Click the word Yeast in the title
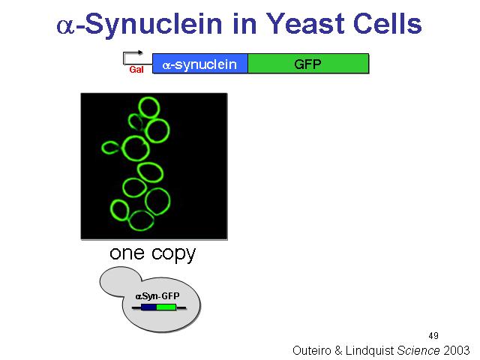[x=307, y=24]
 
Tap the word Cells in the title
[x=388, y=24]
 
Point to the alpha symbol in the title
[x=66, y=25]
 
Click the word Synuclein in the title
[x=153, y=25]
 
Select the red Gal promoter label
[x=136, y=70]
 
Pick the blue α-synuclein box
[x=200, y=64]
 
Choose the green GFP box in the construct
[x=308, y=64]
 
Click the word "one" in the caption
[x=127, y=253]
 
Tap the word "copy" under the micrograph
[x=173, y=255]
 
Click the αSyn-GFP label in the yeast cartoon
[x=157, y=296]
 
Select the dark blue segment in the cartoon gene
[x=148, y=307]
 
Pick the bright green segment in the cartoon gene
[x=166, y=307]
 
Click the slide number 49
[x=433, y=336]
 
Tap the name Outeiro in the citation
[x=312, y=350]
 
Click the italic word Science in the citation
[x=418, y=350]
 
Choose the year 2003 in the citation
[x=457, y=350]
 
